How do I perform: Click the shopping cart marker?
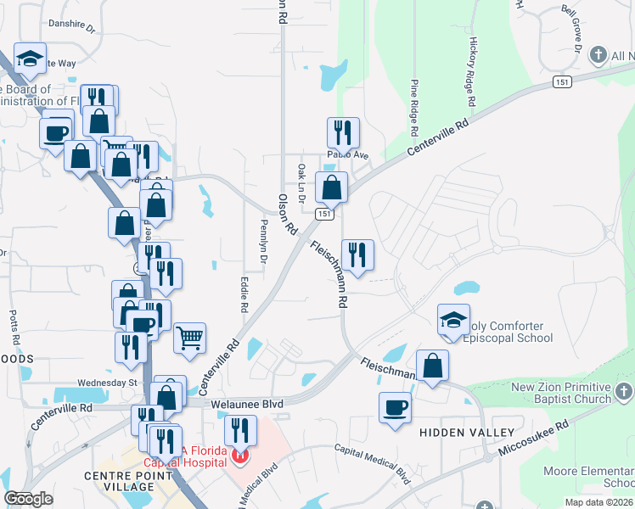(x=189, y=338)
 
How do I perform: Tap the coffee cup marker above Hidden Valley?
(x=396, y=407)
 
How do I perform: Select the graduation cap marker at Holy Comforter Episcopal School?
(x=453, y=320)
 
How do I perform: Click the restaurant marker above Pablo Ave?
(x=343, y=132)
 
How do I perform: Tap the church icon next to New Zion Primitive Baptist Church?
(x=625, y=392)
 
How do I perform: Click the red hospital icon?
(x=240, y=457)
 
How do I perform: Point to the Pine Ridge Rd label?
(x=414, y=109)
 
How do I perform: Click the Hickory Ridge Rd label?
(x=473, y=71)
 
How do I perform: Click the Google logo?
(x=29, y=499)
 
